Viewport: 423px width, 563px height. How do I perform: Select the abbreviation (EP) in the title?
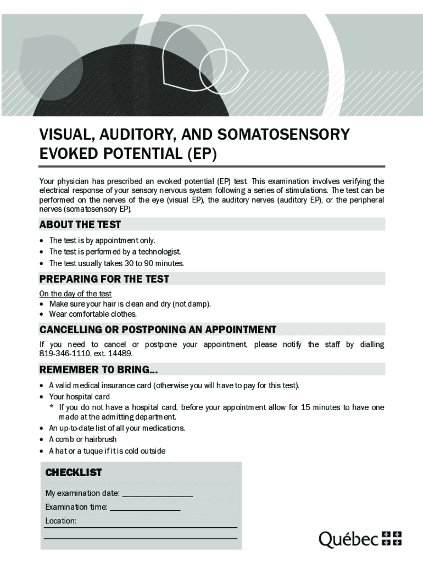(x=202, y=154)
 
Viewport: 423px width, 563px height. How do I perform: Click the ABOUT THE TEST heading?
(x=80, y=224)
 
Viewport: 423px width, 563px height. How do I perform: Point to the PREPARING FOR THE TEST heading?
(x=104, y=279)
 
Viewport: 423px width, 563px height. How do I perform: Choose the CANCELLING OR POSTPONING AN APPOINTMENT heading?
(x=158, y=329)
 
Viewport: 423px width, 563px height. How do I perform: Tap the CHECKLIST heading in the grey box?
(x=73, y=473)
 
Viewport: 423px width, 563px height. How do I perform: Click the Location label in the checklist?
(x=60, y=521)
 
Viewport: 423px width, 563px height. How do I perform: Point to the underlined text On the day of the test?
(x=75, y=294)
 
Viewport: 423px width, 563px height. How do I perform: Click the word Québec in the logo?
(x=349, y=540)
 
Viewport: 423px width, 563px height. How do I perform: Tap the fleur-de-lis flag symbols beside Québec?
(x=391, y=538)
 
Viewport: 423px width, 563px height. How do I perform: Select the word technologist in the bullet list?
(x=160, y=252)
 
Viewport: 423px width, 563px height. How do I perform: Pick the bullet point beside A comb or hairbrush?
(x=43, y=440)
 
